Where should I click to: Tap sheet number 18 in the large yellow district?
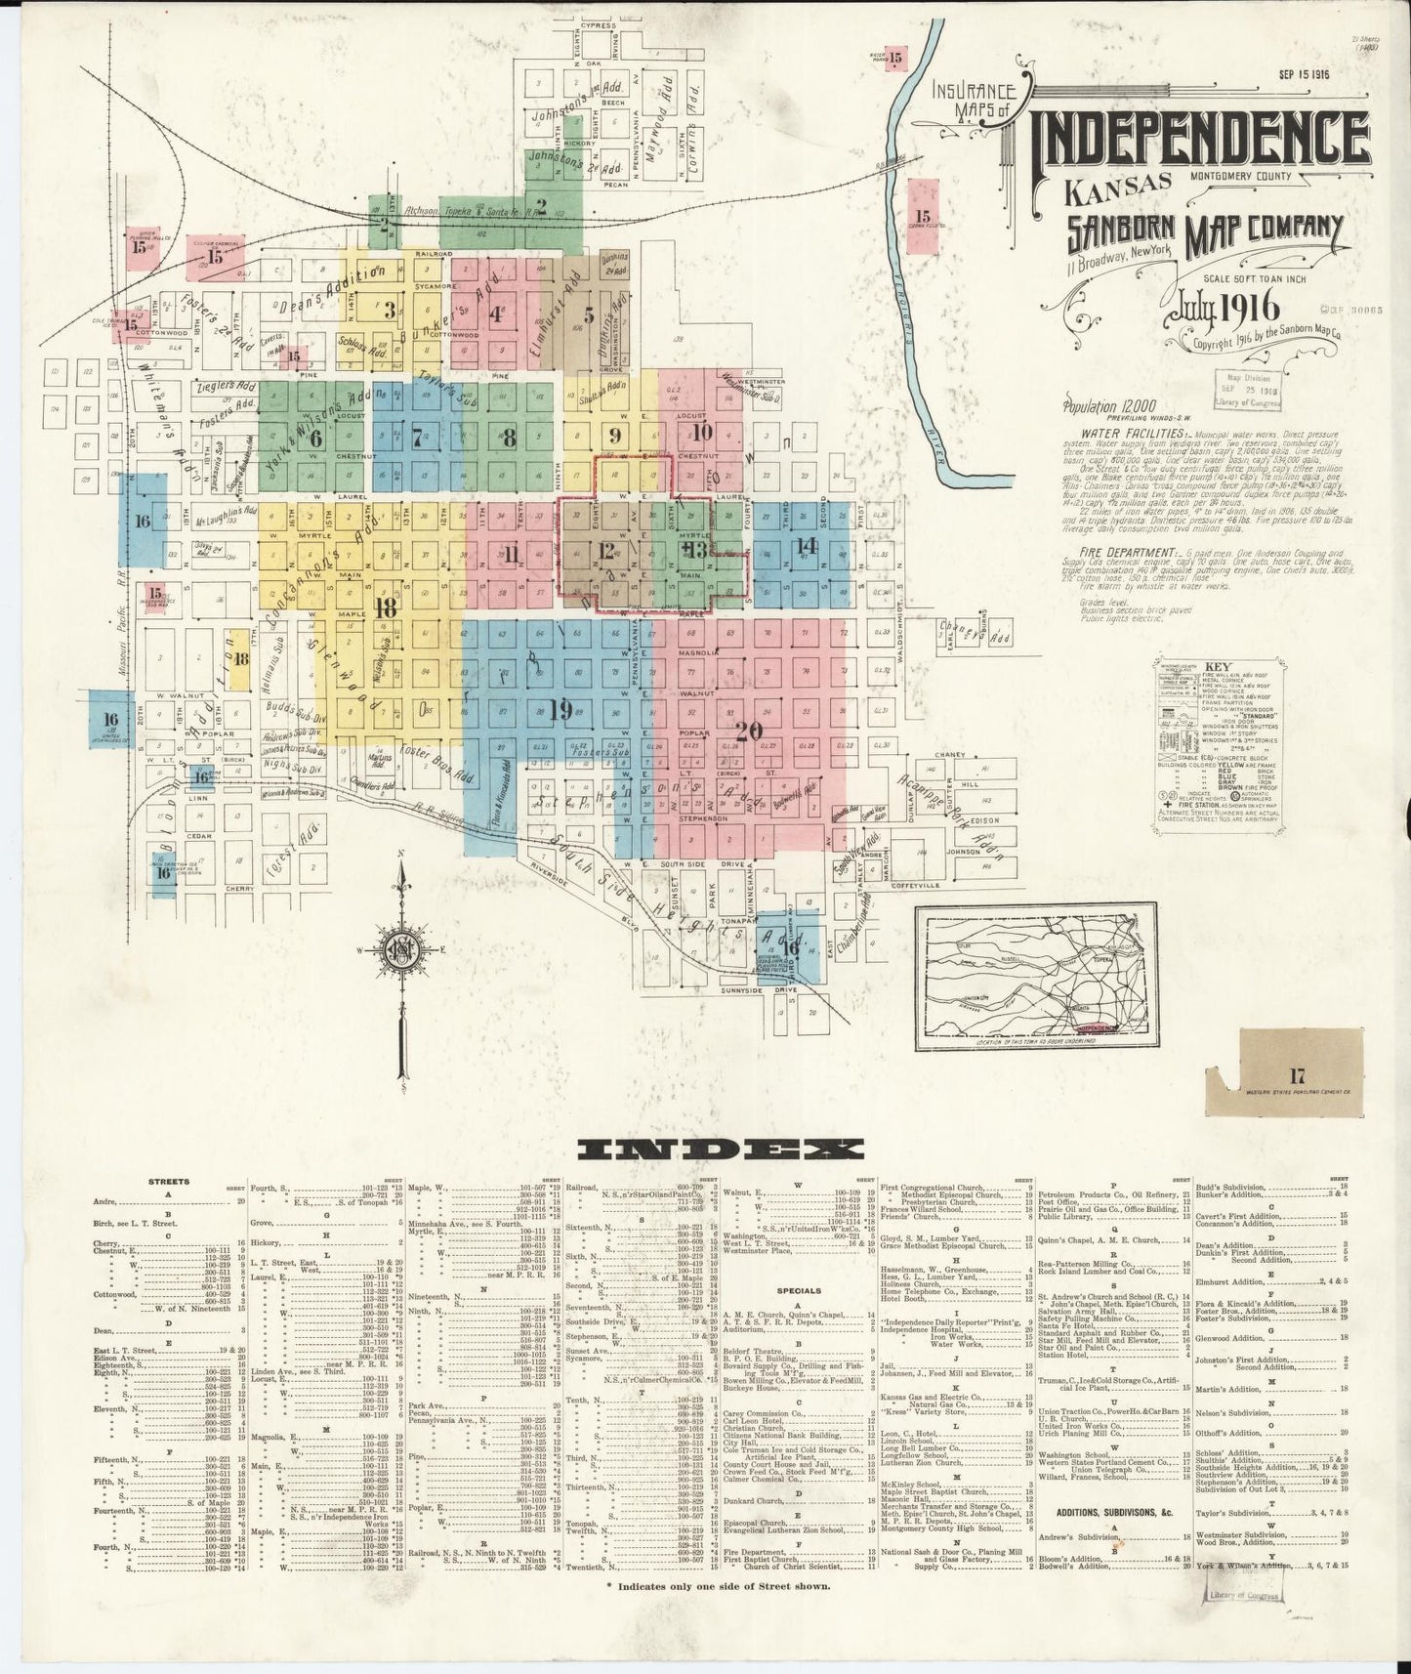[386, 606]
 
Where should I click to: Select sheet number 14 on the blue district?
[806, 545]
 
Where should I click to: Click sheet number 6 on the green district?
[315, 439]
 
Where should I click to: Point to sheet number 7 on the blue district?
[417, 437]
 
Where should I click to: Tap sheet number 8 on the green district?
[509, 439]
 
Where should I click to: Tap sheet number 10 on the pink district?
[703, 432]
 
